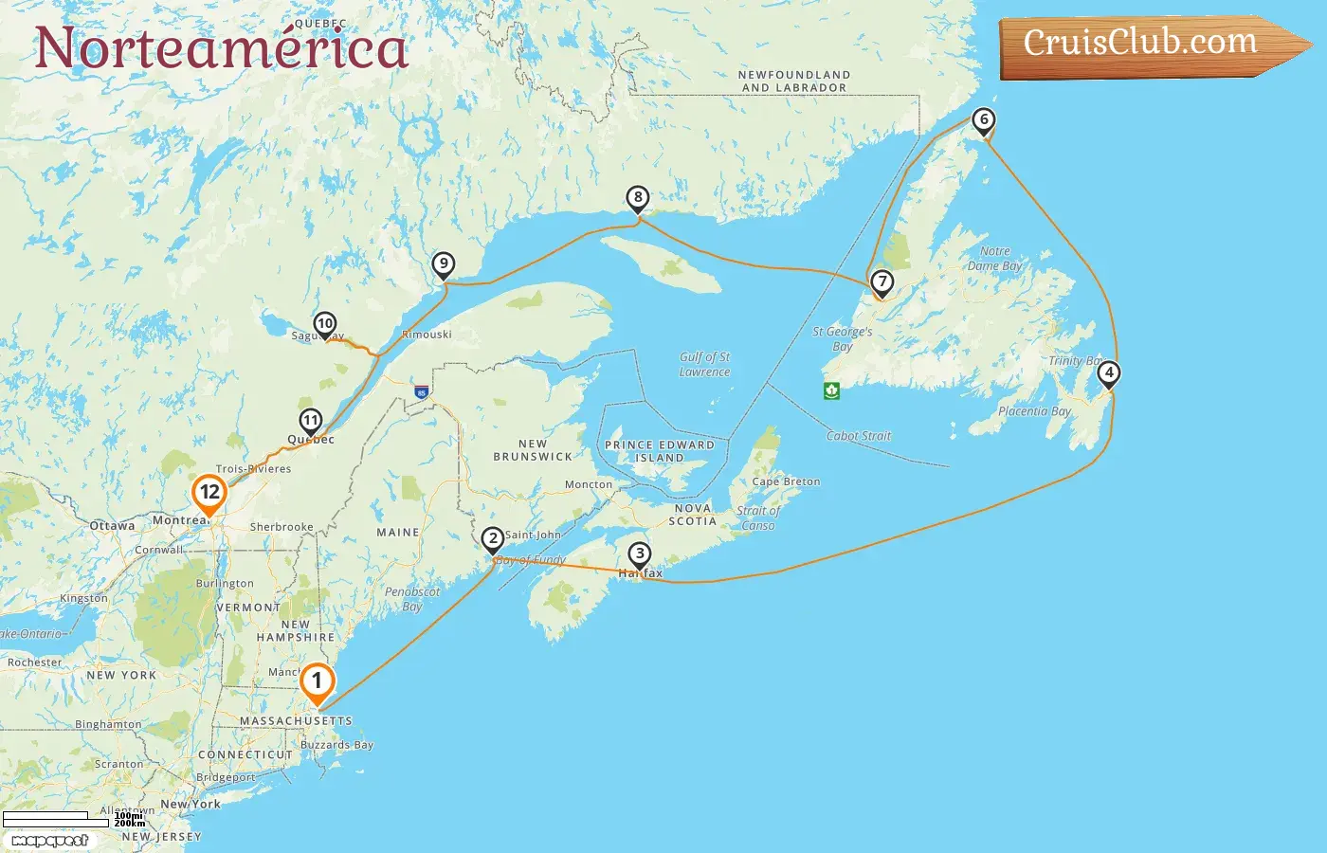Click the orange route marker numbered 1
[x=317, y=682]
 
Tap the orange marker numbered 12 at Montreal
[x=209, y=493]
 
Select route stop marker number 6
[x=984, y=120]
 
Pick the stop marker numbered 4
[x=1109, y=373]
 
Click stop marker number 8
[x=638, y=199]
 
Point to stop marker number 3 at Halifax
[x=640, y=554]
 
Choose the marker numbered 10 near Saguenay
[x=325, y=325]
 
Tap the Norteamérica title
[x=221, y=47]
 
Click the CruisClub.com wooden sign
[x=1147, y=45]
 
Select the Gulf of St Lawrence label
[x=705, y=364]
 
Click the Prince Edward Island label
[x=660, y=450]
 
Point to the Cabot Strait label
[x=859, y=436]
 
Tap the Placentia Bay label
[x=1034, y=411]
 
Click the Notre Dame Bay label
[x=994, y=258]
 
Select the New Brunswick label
[x=533, y=449]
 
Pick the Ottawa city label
[x=112, y=525]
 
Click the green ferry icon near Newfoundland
[x=831, y=390]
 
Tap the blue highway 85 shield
[x=421, y=391]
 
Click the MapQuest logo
[x=50, y=840]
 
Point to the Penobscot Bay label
[x=412, y=598]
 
